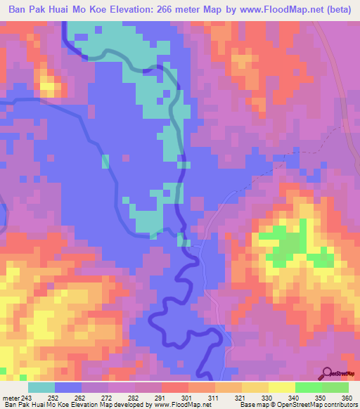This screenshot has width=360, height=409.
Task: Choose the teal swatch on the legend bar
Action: click(x=41, y=387)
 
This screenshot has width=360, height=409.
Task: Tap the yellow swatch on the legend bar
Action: click(x=282, y=387)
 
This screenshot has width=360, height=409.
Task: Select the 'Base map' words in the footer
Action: click(x=253, y=405)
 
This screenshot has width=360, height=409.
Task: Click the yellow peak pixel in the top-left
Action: click(x=49, y=88)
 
